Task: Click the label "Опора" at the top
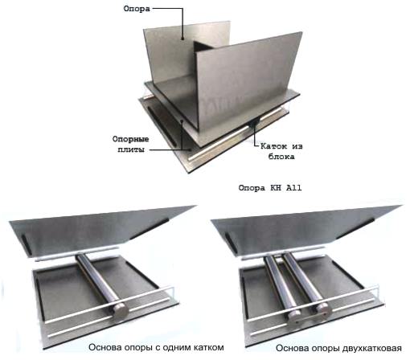tap(137, 9)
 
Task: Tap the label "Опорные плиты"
tap(130, 144)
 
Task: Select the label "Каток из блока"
tap(281, 151)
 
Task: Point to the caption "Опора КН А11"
tap(270, 188)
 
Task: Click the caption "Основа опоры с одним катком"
tap(156, 347)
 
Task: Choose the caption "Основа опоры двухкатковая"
tap(338, 348)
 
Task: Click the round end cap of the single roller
tap(121, 311)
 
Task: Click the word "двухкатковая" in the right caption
tap(372, 348)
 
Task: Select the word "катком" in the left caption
tap(208, 347)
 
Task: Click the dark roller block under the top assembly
tap(253, 123)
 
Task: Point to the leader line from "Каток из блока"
tap(256, 134)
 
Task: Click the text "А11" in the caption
tap(294, 188)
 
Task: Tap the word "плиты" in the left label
tap(131, 149)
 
